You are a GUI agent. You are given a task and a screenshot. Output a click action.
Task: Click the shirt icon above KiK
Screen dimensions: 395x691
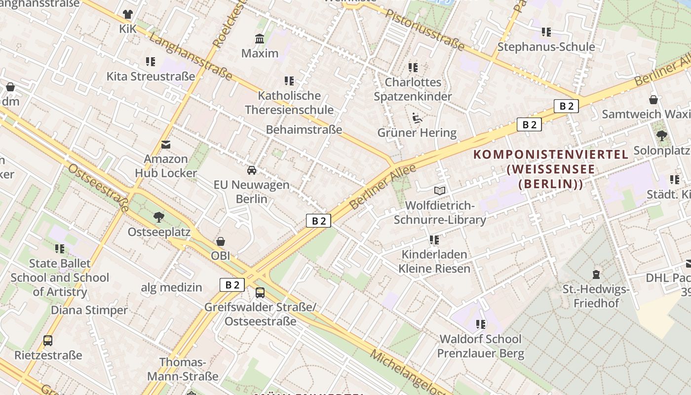(x=128, y=14)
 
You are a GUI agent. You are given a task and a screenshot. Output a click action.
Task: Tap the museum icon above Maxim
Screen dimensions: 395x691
(x=260, y=39)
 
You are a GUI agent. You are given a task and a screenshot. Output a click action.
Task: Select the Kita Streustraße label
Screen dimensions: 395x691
(x=151, y=77)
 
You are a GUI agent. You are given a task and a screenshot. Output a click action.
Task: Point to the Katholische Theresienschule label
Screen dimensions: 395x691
(x=289, y=103)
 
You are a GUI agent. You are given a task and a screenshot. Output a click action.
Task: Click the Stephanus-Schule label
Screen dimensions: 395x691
(x=546, y=47)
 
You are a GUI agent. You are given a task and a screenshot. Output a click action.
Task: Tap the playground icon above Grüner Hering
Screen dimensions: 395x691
(x=417, y=118)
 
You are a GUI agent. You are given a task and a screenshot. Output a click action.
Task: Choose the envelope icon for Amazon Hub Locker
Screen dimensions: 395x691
(x=166, y=145)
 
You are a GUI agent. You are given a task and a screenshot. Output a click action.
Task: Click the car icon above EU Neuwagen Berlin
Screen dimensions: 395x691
(x=252, y=170)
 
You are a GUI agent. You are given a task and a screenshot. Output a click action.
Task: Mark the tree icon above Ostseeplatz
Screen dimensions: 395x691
(x=158, y=217)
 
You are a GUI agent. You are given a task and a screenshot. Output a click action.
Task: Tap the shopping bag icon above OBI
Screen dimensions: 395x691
(x=221, y=241)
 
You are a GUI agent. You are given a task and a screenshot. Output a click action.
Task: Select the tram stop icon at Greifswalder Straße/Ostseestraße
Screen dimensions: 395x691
(x=260, y=293)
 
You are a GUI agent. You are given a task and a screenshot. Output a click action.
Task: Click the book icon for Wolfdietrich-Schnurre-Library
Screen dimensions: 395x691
(x=439, y=191)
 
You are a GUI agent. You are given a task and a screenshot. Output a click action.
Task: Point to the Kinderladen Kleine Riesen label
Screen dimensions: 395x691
(x=434, y=262)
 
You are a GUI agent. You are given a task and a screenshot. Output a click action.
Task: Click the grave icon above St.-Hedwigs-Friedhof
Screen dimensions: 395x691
(x=596, y=274)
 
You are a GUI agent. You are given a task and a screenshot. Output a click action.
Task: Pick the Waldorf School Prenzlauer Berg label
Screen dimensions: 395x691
(x=480, y=346)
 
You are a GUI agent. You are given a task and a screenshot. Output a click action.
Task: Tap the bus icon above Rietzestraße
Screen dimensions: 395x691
(x=48, y=340)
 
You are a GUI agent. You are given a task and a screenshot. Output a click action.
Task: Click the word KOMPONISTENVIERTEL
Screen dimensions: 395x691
(x=551, y=154)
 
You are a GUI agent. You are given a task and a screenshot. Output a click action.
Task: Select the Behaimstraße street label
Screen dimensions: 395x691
(x=304, y=129)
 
